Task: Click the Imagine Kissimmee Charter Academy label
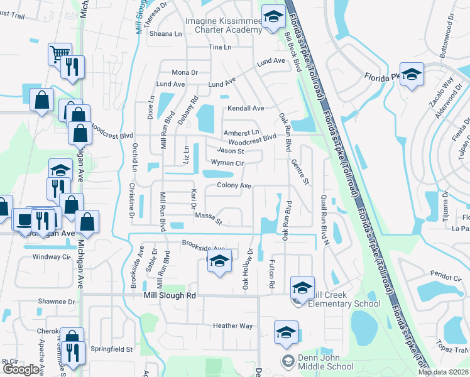222,25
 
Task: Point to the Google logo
21,369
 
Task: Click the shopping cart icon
59,53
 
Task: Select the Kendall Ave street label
246,108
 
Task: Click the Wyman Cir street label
227,162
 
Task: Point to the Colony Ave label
234,186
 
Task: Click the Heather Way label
232,326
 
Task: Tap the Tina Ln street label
220,48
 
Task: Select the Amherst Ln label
242,133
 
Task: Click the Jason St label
230,151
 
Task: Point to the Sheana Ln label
165,34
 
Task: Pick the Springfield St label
112,349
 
